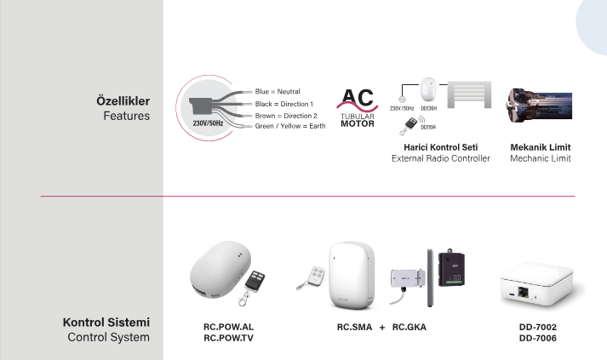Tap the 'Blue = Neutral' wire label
click(278, 90)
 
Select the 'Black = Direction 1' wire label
click(284, 102)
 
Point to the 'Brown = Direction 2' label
click(285, 114)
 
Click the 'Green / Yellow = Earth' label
click(290, 126)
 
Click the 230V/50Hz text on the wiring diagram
click(208, 123)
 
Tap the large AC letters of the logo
click(357, 98)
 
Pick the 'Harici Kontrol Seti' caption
click(440, 146)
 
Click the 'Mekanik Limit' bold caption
click(540, 146)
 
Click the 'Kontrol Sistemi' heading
click(106, 323)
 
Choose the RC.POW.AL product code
click(223, 326)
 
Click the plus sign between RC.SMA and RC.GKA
click(382, 326)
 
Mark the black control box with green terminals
click(457, 268)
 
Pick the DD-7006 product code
click(538, 337)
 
